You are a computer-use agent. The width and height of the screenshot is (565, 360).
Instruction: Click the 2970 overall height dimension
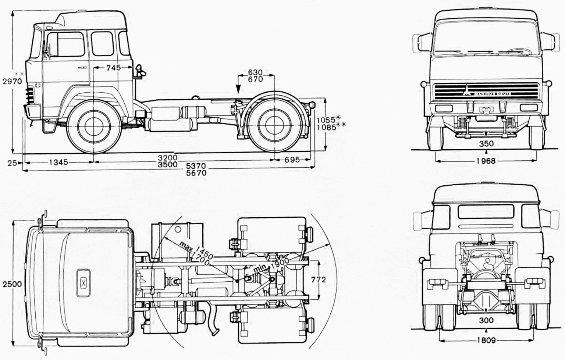pyautogui.click(x=12, y=81)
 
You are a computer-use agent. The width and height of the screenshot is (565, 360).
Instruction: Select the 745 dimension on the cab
pyautogui.click(x=113, y=68)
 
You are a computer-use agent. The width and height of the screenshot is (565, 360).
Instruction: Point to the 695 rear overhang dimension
pyautogui.click(x=292, y=160)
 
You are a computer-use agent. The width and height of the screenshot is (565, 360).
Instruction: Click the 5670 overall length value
pyautogui.click(x=197, y=172)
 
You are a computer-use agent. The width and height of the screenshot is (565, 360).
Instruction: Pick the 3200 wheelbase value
pyautogui.click(x=168, y=157)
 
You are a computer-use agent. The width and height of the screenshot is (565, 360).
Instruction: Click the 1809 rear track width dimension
pyautogui.click(x=486, y=340)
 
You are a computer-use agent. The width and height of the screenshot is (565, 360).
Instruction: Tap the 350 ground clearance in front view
pyautogui.click(x=486, y=143)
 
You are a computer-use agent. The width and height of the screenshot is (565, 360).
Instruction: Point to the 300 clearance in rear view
pyautogui.click(x=486, y=320)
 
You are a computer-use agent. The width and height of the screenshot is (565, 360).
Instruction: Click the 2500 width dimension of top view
pyautogui.click(x=11, y=284)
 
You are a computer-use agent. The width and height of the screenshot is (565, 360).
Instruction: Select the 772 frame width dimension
pyautogui.click(x=318, y=279)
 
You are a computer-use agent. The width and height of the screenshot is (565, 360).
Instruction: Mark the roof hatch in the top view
pyautogui.click(x=83, y=282)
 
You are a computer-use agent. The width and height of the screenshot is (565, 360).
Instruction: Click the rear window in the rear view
pyautogui.click(x=486, y=213)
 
